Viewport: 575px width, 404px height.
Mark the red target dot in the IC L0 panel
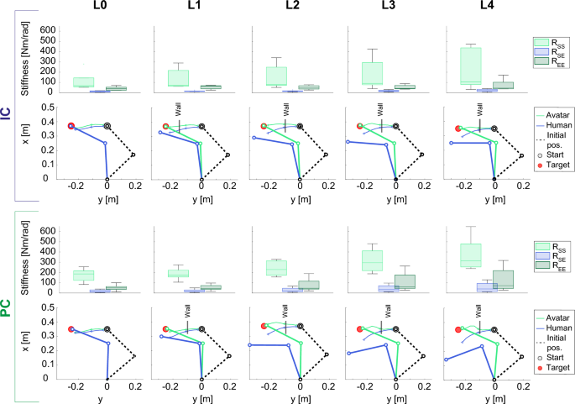pyautogui.click(x=71, y=125)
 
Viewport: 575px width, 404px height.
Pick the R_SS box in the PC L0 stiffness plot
pyautogui.click(x=83, y=275)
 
